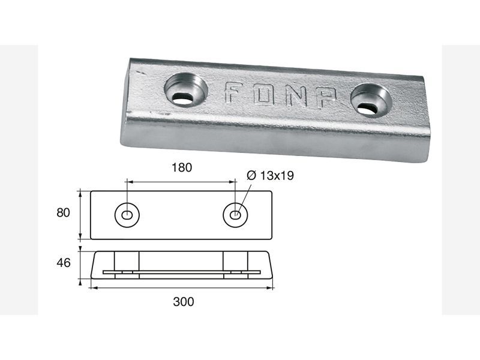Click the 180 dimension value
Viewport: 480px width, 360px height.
click(x=182, y=167)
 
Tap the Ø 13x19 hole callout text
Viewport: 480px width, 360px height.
click(x=271, y=175)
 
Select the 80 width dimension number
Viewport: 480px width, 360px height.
click(x=63, y=212)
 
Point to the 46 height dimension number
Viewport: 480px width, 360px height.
click(x=64, y=263)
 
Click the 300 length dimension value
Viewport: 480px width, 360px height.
click(x=184, y=302)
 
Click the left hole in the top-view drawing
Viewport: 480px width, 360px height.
click(x=127, y=215)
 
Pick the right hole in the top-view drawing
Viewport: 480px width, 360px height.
click(x=235, y=215)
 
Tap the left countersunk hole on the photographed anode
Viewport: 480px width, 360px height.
click(x=186, y=89)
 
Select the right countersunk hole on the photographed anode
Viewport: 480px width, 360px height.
click(x=371, y=100)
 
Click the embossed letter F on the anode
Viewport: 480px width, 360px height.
click(x=233, y=92)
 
